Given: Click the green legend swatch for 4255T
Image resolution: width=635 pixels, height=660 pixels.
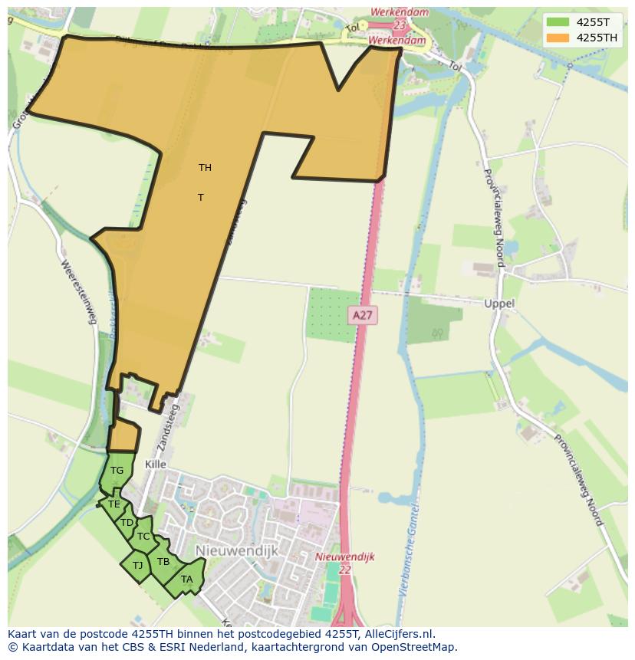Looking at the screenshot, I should pyautogui.click(x=558, y=22).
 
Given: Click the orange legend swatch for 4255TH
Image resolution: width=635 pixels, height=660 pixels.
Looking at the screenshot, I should pyautogui.click(x=558, y=38).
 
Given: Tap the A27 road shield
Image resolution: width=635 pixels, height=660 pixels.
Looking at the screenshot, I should pyautogui.click(x=362, y=315).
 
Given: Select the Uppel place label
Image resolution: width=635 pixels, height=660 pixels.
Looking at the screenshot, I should pyautogui.click(x=499, y=304).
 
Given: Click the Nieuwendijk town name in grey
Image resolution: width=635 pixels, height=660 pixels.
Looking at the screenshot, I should pyautogui.click(x=236, y=551).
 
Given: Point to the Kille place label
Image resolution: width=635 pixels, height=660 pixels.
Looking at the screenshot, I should pyautogui.click(x=155, y=465).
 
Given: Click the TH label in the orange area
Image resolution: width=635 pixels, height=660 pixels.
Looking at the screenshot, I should pyautogui.click(x=205, y=168).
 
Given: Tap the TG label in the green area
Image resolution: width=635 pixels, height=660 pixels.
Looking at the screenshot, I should pyautogui.click(x=117, y=471).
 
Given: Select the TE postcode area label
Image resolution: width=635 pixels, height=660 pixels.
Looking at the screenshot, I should pyautogui.click(x=114, y=504).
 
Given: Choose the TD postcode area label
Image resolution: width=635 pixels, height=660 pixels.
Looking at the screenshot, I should pyautogui.click(x=127, y=523).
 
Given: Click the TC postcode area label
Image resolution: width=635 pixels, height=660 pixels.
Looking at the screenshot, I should pyautogui.click(x=143, y=537).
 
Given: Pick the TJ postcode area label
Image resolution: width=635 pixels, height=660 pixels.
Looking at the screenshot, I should pyautogui.click(x=138, y=566).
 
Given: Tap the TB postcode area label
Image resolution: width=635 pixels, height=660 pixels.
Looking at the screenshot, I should pyautogui.click(x=163, y=562).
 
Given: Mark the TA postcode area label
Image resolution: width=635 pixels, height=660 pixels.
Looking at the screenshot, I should pyautogui.click(x=187, y=580).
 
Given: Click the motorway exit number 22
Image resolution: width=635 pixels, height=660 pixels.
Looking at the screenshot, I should pyautogui.click(x=344, y=570).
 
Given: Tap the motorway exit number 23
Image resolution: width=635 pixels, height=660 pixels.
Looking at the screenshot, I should pyautogui.click(x=399, y=25).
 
